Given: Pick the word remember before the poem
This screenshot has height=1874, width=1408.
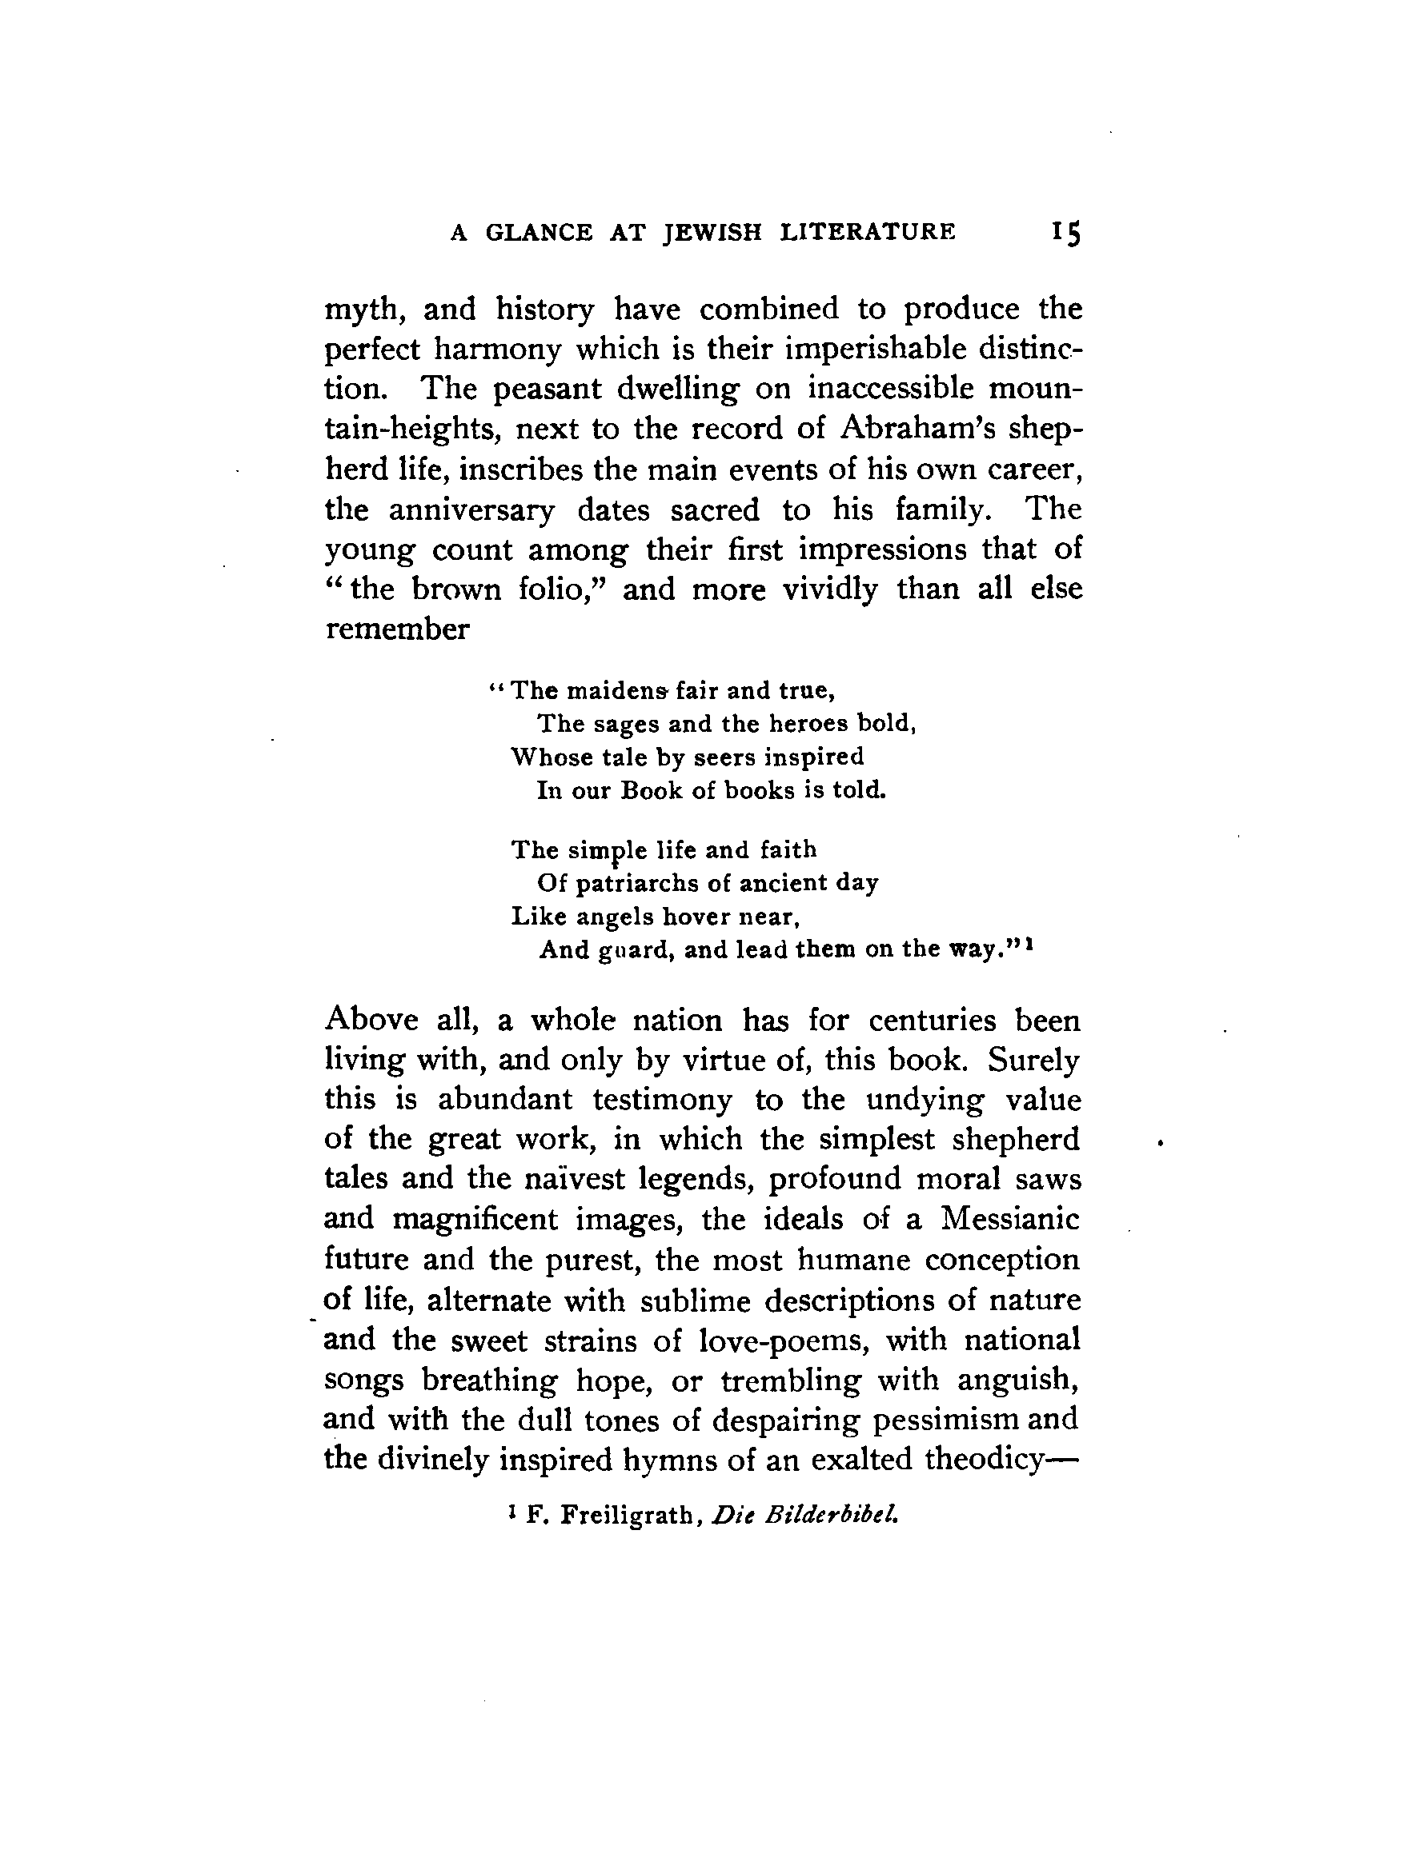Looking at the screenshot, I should tap(397, 629).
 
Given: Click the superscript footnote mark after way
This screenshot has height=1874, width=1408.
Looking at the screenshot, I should tap(1029, 945).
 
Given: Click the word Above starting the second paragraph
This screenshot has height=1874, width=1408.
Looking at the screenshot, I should tap(372, 1019).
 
